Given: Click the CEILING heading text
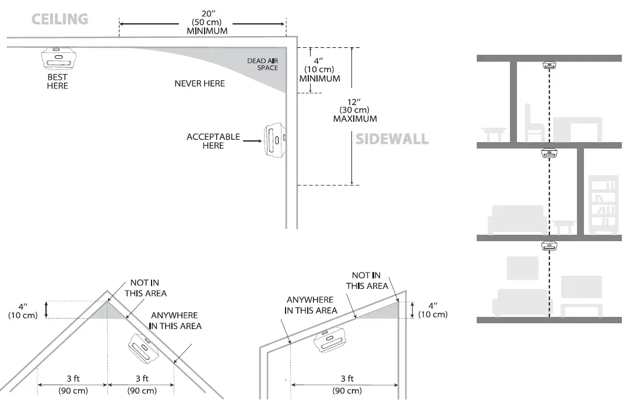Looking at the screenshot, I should pos(59,19).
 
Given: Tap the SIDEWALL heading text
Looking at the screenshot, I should pos(392,139).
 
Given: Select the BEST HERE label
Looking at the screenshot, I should pos(57,82).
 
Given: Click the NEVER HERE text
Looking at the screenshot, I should pos(199,83).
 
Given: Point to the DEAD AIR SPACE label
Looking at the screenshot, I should pos(262,64).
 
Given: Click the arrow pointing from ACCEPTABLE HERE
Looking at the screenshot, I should pos(252,141).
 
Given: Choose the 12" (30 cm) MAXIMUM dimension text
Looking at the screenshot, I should pos(354,110).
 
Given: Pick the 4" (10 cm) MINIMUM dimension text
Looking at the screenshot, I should pos(319,69).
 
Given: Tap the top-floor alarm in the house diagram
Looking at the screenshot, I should pos(548,65).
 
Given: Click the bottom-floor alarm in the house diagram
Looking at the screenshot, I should pos(548,245).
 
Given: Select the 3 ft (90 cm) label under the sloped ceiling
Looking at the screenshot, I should pos(346,384).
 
